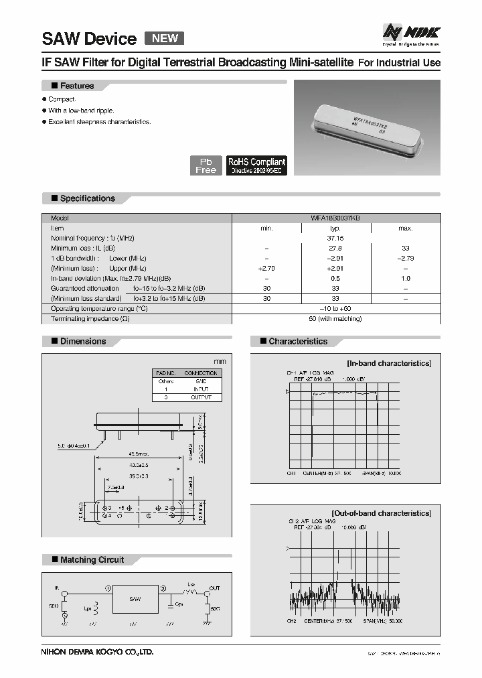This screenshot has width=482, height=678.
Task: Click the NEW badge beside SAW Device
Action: click(164, 38)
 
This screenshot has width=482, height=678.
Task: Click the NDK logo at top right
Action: click(410, 31)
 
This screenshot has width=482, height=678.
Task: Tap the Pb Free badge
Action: click(206, 166)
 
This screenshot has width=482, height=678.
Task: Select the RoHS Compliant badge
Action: click(256, 165)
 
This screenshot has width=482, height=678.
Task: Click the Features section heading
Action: click(76, 86)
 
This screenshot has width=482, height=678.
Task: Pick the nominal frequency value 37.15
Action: click(335, 238)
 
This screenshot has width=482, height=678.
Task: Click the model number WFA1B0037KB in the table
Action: click(335, 218)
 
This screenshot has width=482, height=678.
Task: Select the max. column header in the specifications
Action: click(405, 228)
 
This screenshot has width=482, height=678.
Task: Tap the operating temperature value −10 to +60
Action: click(335, 308)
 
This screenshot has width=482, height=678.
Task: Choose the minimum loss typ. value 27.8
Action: click(335, 248)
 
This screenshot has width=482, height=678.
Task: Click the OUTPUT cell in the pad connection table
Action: click(200, 397)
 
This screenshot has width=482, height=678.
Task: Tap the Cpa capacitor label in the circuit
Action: click(177, 604)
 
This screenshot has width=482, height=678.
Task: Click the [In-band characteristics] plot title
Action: click(388, 363)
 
